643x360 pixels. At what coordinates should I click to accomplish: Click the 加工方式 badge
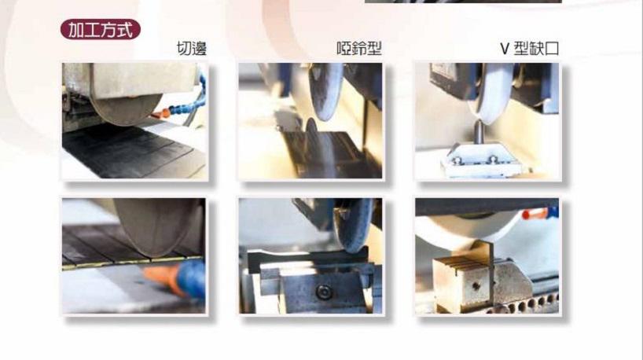coord(101,30)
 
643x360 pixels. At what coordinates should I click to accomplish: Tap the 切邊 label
coord(192,49)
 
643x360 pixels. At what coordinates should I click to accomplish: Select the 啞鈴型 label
coord(359,49)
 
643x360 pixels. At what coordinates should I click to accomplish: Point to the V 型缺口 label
coord(529,49)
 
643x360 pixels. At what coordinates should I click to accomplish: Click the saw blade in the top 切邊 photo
coord(127,108)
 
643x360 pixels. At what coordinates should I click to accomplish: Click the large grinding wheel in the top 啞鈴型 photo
coord(326,91)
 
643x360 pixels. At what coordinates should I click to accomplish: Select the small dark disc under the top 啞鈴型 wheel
coord(311,128)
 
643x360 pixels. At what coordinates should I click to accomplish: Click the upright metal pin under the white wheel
coord(479,131)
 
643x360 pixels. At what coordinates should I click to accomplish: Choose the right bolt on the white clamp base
coord(493,160)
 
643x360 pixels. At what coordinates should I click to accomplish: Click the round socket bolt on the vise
coord(324,292)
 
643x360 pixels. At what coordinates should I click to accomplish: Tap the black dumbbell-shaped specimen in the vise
coord(307,260)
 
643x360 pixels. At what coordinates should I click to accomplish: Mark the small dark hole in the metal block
coord(476,286)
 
